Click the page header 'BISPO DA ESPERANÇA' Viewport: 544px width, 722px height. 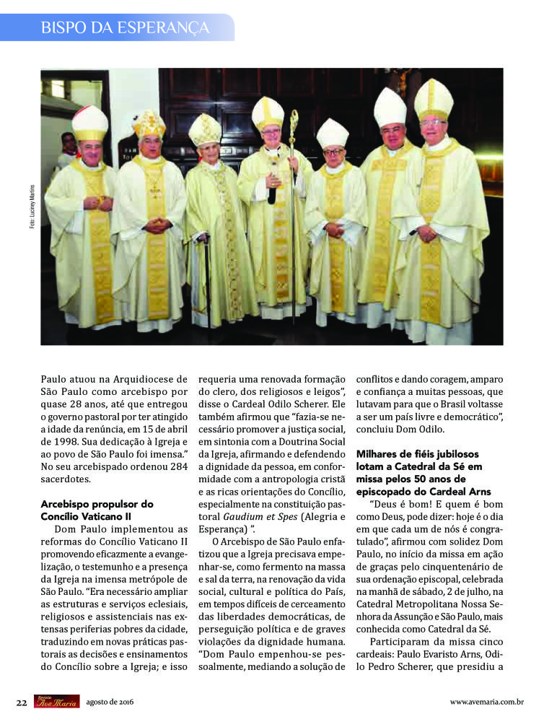pyautogui.click(x=125, y=28)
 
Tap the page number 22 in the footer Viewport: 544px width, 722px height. pyautogui.click(x=22, y=702)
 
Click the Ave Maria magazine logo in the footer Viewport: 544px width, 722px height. pyautogui.click(x=56, y=701)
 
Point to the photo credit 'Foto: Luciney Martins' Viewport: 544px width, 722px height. pyautogui.click(x=32, y=206)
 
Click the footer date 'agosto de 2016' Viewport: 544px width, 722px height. pyautogui.click(x=110, y=702)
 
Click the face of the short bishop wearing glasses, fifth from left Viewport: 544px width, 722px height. pyautogui.click(x=333, y=155)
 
